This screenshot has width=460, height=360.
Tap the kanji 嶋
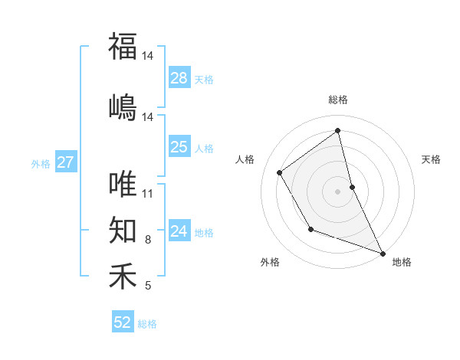coord(123,106)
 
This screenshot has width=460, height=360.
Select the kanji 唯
coord(123,185)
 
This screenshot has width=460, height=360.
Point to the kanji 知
coord(123,229)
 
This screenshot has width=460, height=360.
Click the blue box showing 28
coord(179,78)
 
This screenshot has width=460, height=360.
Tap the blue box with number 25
coord(179,147)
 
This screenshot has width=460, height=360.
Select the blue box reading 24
coord(179,231)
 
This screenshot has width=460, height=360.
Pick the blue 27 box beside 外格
coord(66,162)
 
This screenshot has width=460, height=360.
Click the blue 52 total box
coord(123,322)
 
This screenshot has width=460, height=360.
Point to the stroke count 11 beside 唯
coord(148,193)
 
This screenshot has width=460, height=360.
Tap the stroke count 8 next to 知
coord(148,240)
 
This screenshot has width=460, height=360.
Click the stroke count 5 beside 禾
coord(148,286)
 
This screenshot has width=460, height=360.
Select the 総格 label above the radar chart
coord(338,100)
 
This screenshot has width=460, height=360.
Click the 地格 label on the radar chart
coord(402,262)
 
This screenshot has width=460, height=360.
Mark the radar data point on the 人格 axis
coord(280,172)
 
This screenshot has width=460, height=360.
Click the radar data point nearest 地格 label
coord(383,253)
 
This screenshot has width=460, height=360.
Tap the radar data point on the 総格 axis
coord(338,130)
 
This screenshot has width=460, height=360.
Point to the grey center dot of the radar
coord(338,191)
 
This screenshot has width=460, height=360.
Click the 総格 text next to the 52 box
coord(147,324)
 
